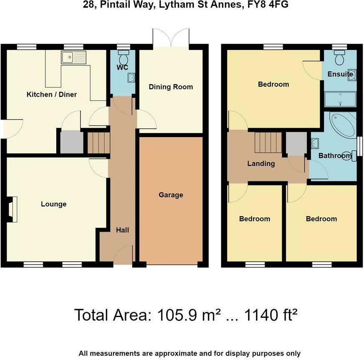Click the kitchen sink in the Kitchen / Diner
coord(73,57)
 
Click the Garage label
coord(171,195)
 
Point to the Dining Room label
coord(171,87)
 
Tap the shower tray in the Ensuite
coord(340,100)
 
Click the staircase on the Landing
coord(268,142)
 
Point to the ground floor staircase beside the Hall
coord(98,143)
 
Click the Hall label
coord(123,230)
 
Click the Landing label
coord(261,163)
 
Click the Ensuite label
coord(340,75)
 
